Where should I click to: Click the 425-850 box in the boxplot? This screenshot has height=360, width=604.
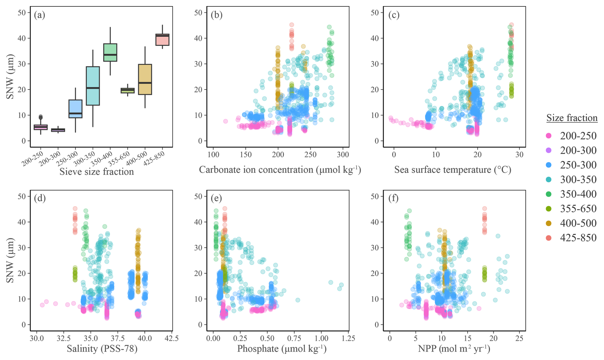pyautogui.click(x=162, y=40)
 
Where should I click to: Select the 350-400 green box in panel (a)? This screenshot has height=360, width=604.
pyautogui.click(x=110, y=52)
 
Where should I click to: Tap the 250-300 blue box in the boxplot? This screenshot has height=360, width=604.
pyautogui.click(x=76, y=109)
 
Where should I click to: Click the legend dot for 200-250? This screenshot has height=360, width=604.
pyautogui.click(x=549, y=136)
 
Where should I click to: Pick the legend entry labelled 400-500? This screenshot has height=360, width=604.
pyautogui.click(x=578, y=223)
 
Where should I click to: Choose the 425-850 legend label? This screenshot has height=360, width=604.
pyautogui.click(x=578, y=238)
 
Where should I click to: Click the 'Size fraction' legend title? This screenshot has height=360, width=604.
pyautogui.click(x=572, y=118)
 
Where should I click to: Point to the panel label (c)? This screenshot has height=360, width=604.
pyautogui.click(x=393, y=15)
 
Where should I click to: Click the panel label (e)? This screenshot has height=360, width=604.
pyautogui.click(x=216, y=198)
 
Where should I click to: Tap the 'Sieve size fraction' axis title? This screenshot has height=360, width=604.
pyautogui.click(x=97, y=172)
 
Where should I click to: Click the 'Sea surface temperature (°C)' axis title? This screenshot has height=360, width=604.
pyautogui.click(x=453, y=170)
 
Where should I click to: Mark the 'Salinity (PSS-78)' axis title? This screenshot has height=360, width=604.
pyautogui.click(x=102, y=349)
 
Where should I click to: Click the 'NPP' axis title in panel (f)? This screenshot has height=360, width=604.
pyautogui.click(x=454, y=349)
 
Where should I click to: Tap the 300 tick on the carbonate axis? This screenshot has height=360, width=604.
pyautogui.click(x=343, y=155)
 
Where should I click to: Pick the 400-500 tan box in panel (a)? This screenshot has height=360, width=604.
pyautogui.click(x=145, y=79)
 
